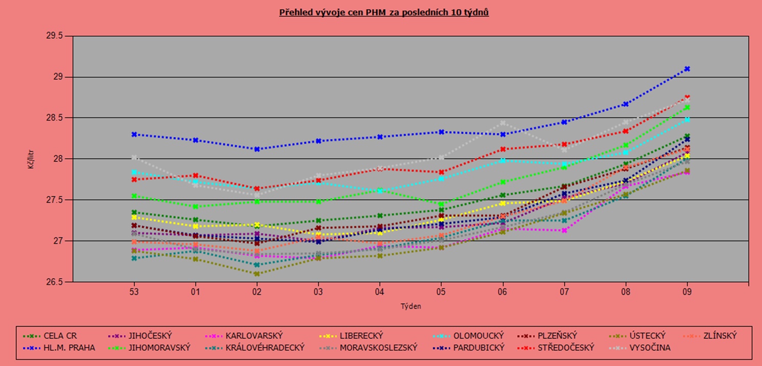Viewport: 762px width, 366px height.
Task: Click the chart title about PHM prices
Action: (384, 12)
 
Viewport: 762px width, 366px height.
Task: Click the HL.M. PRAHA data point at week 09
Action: (687, 68)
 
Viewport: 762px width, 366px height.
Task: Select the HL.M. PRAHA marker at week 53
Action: (134, 134)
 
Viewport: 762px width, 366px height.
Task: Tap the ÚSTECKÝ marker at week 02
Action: (257, 274)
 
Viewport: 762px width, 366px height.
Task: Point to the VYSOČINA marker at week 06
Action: (503, 123)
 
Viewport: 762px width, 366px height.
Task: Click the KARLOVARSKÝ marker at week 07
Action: (564, 230)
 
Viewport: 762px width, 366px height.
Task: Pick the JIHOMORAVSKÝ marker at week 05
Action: (441, 204)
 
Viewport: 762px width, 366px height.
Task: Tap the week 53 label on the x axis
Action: (134, 292)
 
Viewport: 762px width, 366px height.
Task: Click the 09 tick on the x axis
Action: (687, 292)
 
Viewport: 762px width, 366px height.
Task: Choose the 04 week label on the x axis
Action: (380, 292)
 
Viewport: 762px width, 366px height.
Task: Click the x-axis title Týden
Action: (411, 306)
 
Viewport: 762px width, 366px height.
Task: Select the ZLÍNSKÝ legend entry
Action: (719, 336)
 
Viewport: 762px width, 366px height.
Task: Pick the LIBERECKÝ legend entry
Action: (361, 336)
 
